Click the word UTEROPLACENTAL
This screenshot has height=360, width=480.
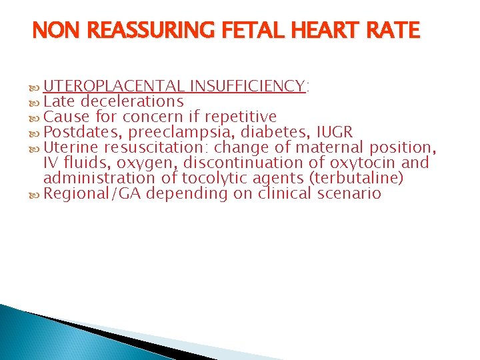(114, 86)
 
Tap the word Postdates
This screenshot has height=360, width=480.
(77, 132)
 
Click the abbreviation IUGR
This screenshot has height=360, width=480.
(333, 132)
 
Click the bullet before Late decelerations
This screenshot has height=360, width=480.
(35, 102)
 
